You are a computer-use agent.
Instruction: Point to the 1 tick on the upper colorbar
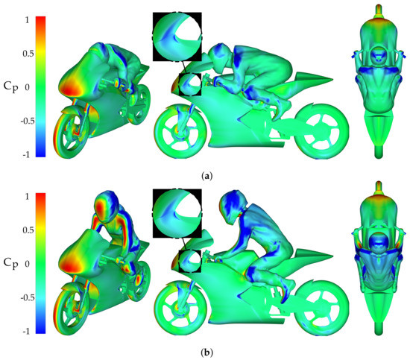point(27,19)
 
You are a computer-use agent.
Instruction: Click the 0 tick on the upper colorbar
point(27,87)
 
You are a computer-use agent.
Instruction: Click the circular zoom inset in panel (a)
point(177,37)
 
